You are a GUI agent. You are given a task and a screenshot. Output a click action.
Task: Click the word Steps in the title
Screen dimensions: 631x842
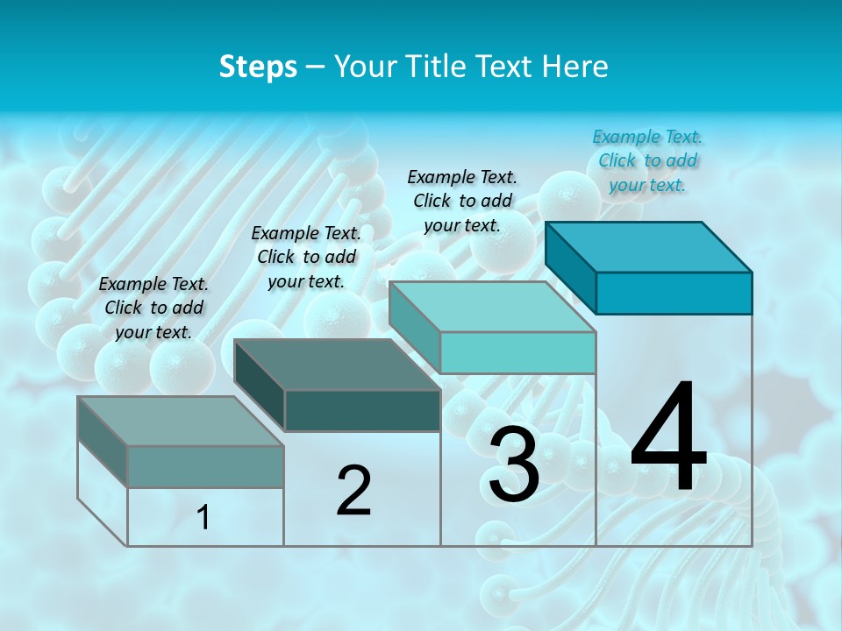pyautogui.click(x=258, y=67)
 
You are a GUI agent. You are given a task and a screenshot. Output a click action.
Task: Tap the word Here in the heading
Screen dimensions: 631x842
pyautogui.click(x=574, y=67)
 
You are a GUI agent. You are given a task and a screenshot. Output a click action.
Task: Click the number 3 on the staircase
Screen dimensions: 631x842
pyautogui.click(x=514, y=464)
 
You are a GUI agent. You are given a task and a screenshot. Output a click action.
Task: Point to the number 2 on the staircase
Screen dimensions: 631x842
pyautogui.click(x=353, y=491)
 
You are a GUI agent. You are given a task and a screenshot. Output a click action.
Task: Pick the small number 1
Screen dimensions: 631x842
pyautogui.click(x=203, y=518)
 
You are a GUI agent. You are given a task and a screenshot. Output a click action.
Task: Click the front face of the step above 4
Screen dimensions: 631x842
pyautogui.click(x=674, y=293)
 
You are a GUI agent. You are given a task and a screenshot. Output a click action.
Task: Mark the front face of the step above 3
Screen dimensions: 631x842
pyautogui.click(x=517, y=352)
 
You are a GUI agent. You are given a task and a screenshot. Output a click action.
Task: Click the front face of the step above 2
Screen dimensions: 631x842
pyautogui.click(x=362, y=410)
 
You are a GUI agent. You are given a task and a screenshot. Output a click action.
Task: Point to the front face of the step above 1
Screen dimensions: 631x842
pyautogui.click(x=205, y=466)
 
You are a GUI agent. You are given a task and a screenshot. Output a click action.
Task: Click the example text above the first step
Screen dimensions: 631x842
pyautogui.click(x=153, y=308)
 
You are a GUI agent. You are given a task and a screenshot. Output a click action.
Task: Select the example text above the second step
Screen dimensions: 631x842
pyautogui.click(x=306, y=257)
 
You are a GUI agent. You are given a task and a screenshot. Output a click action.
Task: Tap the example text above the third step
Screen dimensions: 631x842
pyautogui.click(x=462, y=201)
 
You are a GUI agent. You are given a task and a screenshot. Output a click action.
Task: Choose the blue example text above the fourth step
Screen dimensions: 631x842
pyautogui.click(x=647, y=160)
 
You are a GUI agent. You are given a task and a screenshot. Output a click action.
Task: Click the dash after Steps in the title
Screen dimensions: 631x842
pyautogui.click(x=316, y=67)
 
